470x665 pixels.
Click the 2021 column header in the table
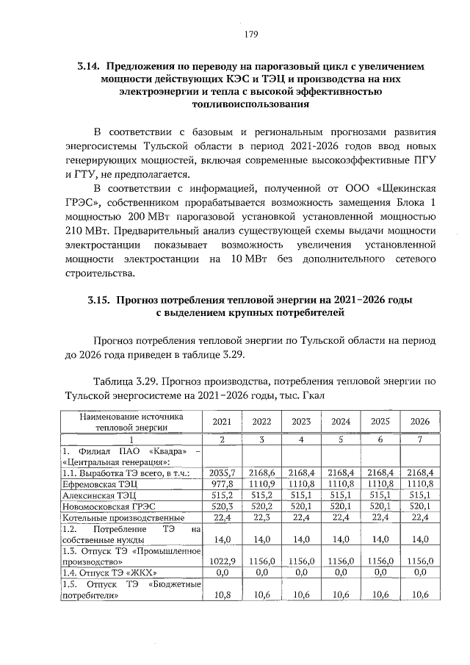(222, 421)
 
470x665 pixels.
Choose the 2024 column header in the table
(340, 421)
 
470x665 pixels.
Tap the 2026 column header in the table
(419, 421)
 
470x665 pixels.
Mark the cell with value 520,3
(222, 507)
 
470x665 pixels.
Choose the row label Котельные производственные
(120, 519)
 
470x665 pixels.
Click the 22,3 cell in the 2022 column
(261, 519)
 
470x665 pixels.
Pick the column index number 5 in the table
(340, 439)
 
